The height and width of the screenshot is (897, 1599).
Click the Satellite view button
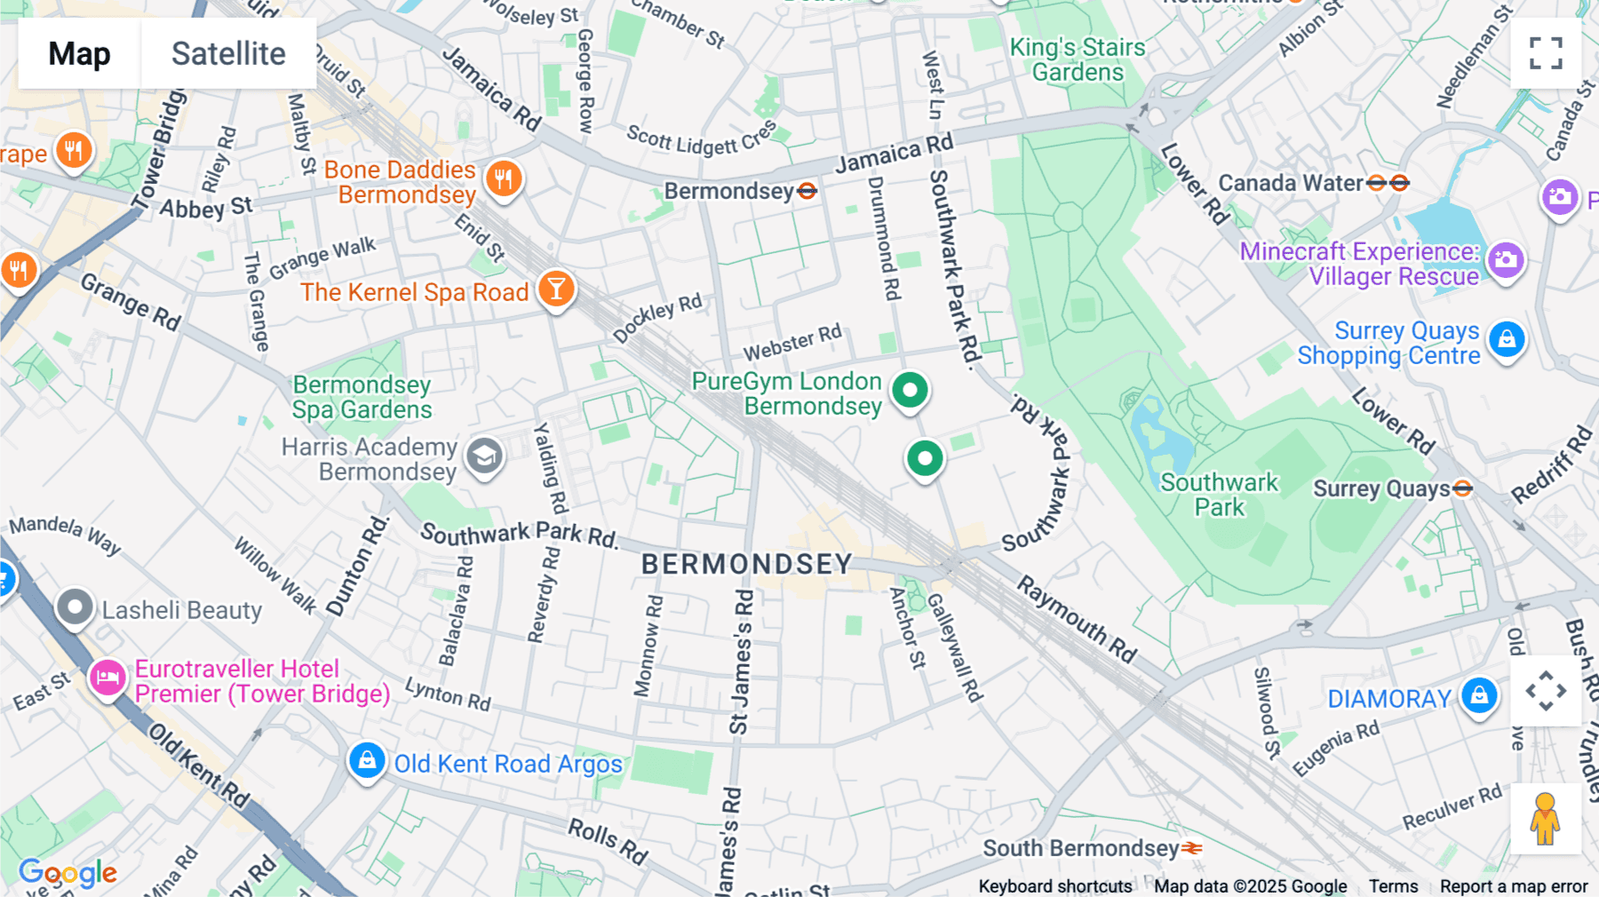(x=228, y=53)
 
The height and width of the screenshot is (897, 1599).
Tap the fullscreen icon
(x=1546, y=53)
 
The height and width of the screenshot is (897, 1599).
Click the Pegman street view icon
(x=1545, y=819)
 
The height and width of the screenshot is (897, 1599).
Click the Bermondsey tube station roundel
(x=807, y=191)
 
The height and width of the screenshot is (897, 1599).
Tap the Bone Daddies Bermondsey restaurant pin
(x=504, y=179)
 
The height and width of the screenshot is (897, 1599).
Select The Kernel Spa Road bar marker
(x=556, y=289)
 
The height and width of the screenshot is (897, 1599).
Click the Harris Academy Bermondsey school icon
(x=484, y=456)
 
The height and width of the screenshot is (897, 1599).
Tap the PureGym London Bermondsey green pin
(x=910, y=390)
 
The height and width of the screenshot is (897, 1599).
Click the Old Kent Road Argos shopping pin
(x=366, y=760)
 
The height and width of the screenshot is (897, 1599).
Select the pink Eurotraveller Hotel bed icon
(x=107, y=679)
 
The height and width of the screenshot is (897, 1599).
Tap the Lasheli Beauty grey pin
(x=75, y=608)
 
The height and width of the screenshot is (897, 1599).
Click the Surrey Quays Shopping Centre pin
(x=1507, y=339)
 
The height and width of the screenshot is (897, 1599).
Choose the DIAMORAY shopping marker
(x=1479, y=695)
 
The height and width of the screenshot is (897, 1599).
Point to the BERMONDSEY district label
(x=746, y=564)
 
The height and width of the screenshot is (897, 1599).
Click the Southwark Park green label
(x=1219, y=495)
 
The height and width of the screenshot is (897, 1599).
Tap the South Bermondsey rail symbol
(x=1192, y=848)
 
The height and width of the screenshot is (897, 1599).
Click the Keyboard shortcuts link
(x=1054, y=886)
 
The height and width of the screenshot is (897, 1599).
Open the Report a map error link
(x=1513, y=886)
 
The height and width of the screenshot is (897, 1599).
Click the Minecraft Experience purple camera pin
(x=1506, y=260)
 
